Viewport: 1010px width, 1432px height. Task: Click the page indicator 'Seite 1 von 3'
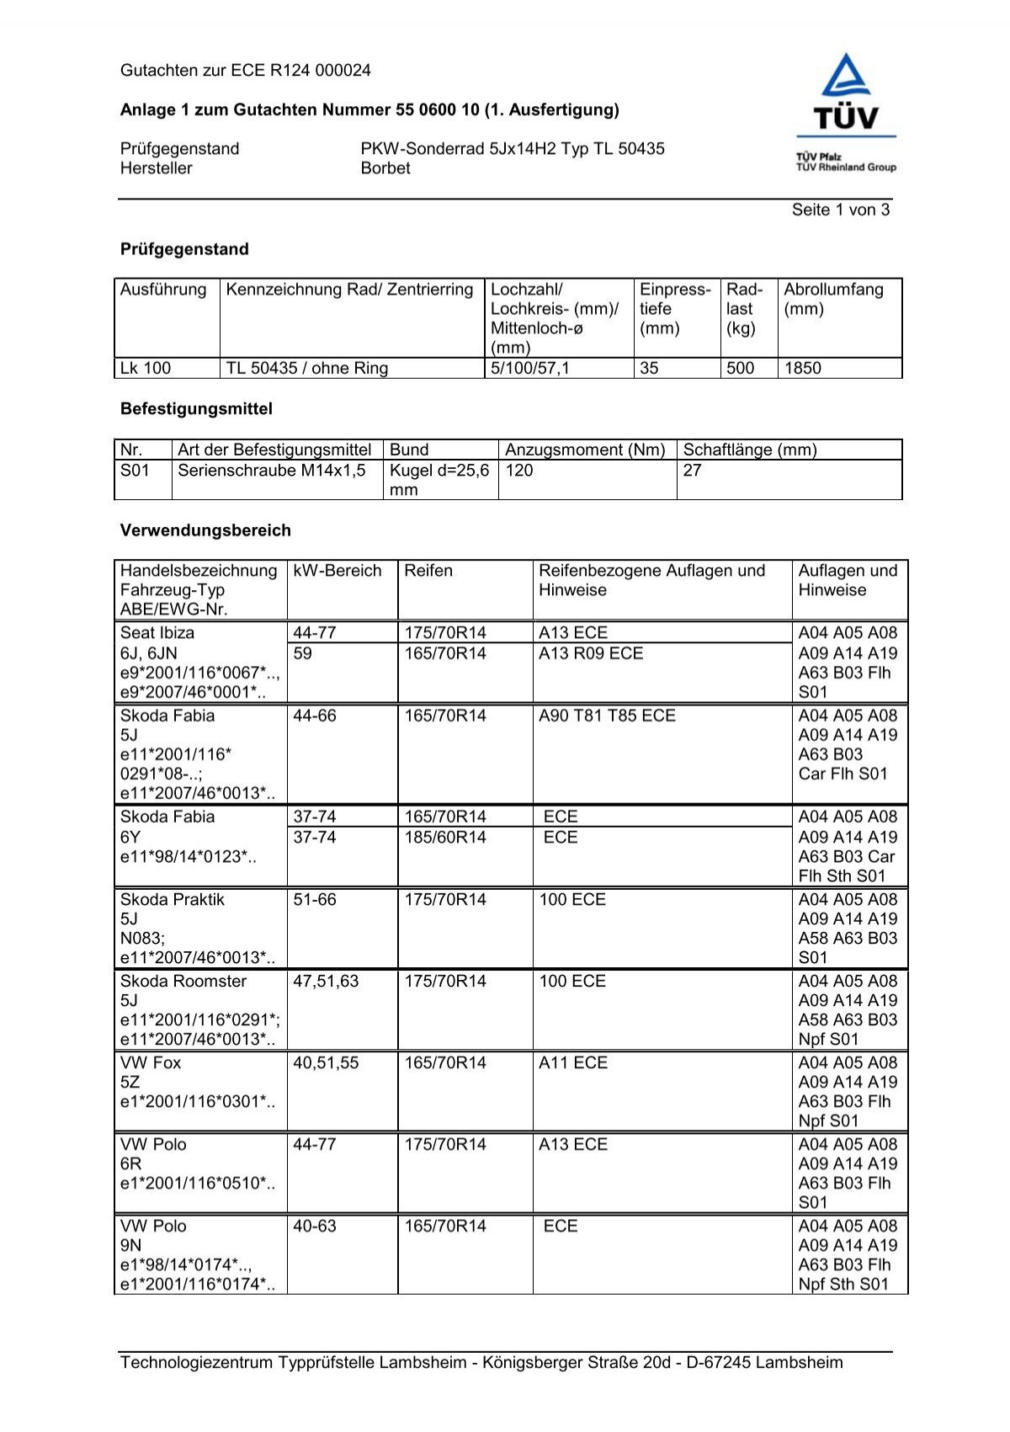[x=840, y=210]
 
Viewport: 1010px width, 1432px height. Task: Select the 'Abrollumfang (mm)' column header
[x=833, y=299]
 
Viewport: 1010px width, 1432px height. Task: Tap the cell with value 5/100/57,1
[x=530, y=368]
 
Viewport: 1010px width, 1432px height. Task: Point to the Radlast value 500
[x=740, y=368]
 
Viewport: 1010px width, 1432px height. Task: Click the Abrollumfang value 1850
[x=802, y=368]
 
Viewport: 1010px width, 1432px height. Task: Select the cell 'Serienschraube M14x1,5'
[x=272, y=471]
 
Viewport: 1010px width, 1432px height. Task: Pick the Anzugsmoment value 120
[x=519, y=471]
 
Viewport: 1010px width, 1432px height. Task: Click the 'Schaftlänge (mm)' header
[x=750, y=450]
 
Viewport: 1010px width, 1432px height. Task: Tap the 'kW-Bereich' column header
[x=338, y=571]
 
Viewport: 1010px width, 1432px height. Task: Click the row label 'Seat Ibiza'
[x=157, y=633]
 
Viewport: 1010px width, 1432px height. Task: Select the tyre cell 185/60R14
[x=445, y=838]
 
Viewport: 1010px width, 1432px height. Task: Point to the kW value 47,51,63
[x=326, y=982]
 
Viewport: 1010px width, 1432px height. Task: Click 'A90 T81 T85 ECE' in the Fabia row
[x=607, y=716]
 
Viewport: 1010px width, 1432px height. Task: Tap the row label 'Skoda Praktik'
[x=173, y=900]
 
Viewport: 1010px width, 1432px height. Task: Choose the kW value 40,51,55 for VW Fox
[x=326, y=1063]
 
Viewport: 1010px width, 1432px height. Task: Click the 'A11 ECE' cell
[x=573, y=1063]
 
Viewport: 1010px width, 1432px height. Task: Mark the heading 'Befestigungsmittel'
[x=196, y=409]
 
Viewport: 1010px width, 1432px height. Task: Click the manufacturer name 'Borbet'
[x=385, y=168]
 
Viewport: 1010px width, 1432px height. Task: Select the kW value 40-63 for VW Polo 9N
[x=315, y=1227]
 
